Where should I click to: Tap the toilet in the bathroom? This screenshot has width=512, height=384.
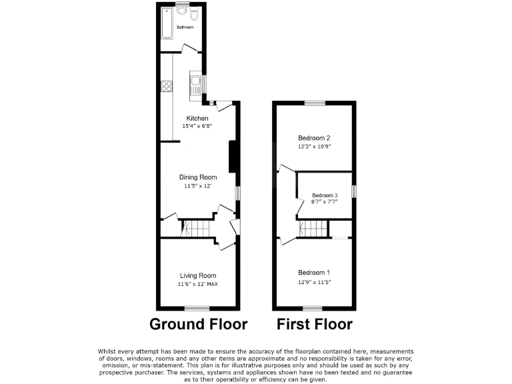coord(193,15)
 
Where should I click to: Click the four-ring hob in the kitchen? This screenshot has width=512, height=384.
coord(166,86)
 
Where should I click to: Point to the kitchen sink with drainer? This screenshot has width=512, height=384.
coord(196,85)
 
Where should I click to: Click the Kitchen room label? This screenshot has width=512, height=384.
coord(197,118)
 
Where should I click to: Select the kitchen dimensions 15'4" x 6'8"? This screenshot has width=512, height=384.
coord(197,126)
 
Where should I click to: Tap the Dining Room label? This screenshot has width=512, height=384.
coord(198,177)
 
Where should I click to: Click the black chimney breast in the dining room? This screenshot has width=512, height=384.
coord(233,157)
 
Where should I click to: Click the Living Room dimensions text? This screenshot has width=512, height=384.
coord(198,284)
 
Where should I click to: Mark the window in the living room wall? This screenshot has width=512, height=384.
coord(197,308)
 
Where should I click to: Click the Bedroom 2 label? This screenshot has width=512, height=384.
coord(313,138)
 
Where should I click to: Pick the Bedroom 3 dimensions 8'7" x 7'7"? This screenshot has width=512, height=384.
coord(325,202)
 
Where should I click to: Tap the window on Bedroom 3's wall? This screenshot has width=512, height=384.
coord(354,191)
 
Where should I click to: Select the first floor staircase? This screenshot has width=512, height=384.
coord(313,229)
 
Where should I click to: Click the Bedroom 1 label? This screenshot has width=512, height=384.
coord(314,273)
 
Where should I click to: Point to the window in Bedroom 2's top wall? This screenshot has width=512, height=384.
coord(315,103)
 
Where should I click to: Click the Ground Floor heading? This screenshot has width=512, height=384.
coord(198,325)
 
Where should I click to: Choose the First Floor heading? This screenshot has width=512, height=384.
coord(315,325)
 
